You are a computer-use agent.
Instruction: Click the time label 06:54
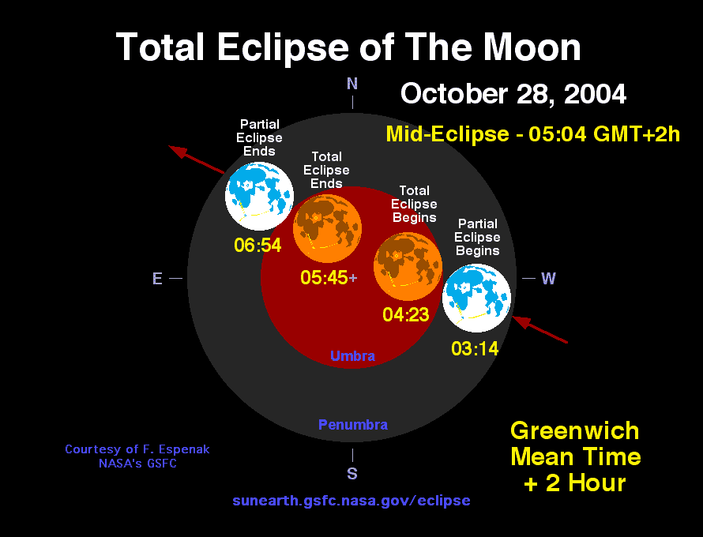pyautogui.click(x=258, y=245)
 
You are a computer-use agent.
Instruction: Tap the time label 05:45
pyautogui.click(x=324, y=277)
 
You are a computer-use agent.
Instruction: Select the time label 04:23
pyautogui.click(x=406, y=314)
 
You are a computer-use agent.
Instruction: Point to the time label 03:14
pyautogui.click(x=475, y=349)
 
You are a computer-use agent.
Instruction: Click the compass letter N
pyautogui.click(x=352, y=84)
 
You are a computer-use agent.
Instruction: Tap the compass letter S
pyautogui.click(x=352, y=473)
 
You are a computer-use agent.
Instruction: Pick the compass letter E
pyautogui.click(x=157, y=278)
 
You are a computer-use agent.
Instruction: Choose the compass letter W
pyautogui.click(x=548, y=278)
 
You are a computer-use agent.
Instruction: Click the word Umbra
pyautogui.click(x=352, y=356)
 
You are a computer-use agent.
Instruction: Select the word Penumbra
pyautogui.click(x=353, y=425)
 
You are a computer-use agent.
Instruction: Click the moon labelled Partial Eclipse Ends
pyautogui.click(x=259, y=197)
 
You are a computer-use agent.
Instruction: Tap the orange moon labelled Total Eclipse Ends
pyautogui.click(x=327, y=228)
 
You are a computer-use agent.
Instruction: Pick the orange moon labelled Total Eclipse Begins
pyautogui.click(x=408, y=266)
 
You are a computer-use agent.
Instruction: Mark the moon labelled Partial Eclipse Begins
pyautogui.click(x=476, y=298)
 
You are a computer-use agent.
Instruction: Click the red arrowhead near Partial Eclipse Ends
pyautogui.click(x=178, y=152)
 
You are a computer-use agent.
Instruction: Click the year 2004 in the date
pyautogui.click(x=595, y=94)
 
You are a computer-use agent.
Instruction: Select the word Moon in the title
pyautogui.click(x=532, y=47)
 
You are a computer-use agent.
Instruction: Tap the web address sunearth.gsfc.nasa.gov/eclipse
pyautogui.click(x=351, y=501)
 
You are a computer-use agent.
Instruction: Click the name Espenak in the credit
pyautogui.click(x=183, y=449)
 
